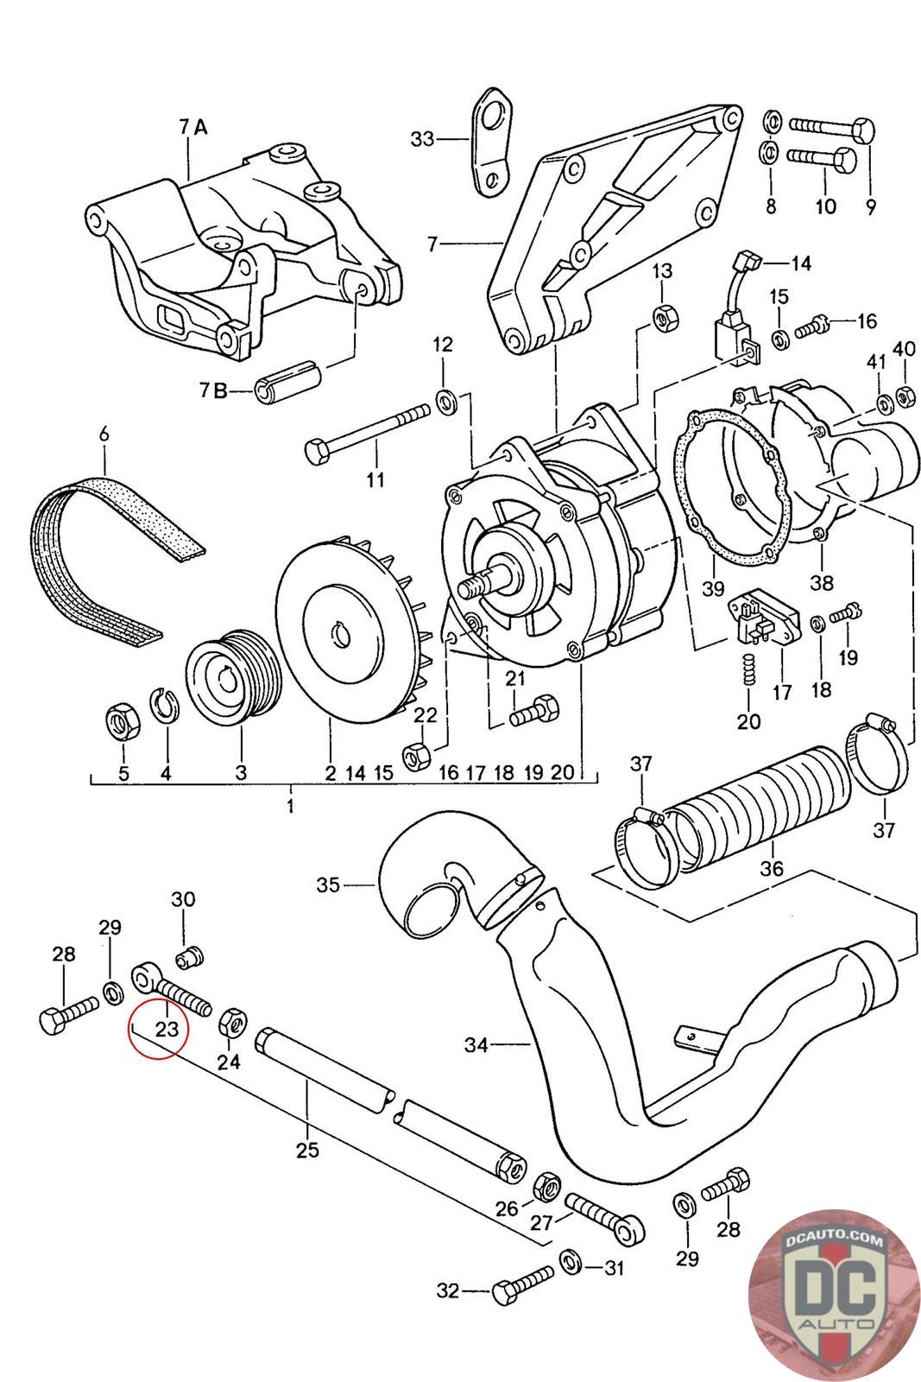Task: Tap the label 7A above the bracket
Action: pyautogui.click(x=193, y=127)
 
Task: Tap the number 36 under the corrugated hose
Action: pyautogui.click(x=771, y=867)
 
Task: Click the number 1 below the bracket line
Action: pyautogui.click(x=290, y=805)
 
